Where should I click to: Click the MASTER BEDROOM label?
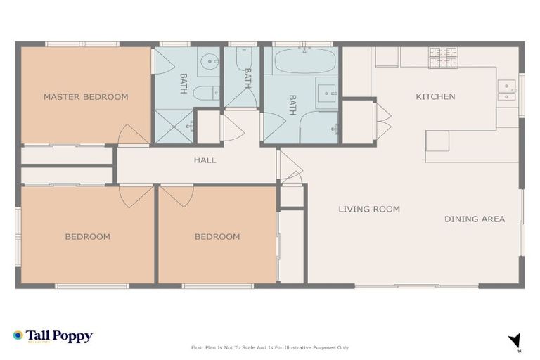point(86,97)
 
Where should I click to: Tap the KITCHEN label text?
point(435,97)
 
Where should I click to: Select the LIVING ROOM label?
point(369,209)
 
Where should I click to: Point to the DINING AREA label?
point(475,219)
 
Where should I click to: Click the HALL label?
point(205,160)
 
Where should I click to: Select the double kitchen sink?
point(507,89)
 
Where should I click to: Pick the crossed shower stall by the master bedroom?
point(173,127)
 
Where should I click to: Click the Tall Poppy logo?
point(53,336)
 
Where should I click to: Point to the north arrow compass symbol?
point(515,341)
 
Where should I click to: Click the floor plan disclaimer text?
point(269,347)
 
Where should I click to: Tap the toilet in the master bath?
point(205,93)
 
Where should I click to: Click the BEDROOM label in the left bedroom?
point(87,237)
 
